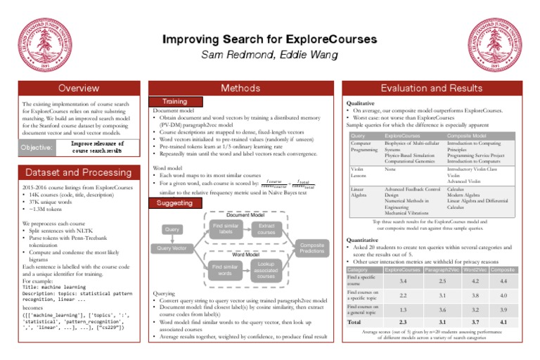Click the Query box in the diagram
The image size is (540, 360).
pos(172,229)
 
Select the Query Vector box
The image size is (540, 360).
pos(172,248)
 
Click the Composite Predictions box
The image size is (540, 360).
pos(311,247)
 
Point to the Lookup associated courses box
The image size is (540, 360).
pos(265,269)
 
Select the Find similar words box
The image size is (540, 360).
pos(226,269)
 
